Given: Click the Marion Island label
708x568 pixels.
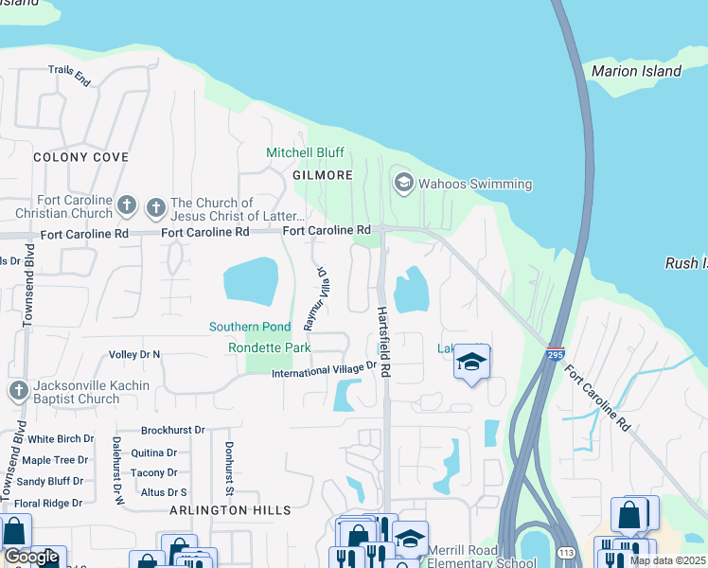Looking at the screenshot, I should coord(635,71).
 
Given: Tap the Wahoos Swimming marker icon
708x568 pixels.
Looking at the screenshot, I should coord(403,183).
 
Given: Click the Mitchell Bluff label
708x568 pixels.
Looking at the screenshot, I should coord(305,152).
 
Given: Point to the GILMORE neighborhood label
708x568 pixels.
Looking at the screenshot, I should coord(323,176).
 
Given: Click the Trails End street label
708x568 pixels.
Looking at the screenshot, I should coord(71,77).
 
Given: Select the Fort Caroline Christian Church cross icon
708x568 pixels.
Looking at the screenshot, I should coord(128,204).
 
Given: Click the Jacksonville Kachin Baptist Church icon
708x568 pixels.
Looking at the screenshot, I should coord(17,391).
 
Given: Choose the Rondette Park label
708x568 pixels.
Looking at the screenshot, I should coord(269,347).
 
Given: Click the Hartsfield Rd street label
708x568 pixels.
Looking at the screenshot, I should coord(384,342).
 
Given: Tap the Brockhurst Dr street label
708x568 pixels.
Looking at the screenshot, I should coord(171,429).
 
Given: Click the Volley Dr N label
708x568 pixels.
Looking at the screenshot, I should coord(134,355).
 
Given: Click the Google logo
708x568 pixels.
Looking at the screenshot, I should coord(31,557).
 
